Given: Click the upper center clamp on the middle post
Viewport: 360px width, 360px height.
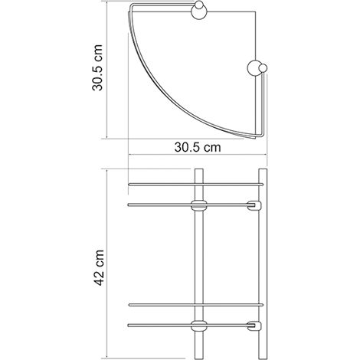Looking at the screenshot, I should pos(198,205).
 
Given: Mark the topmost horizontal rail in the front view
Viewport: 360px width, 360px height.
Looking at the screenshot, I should pos(198,184).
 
